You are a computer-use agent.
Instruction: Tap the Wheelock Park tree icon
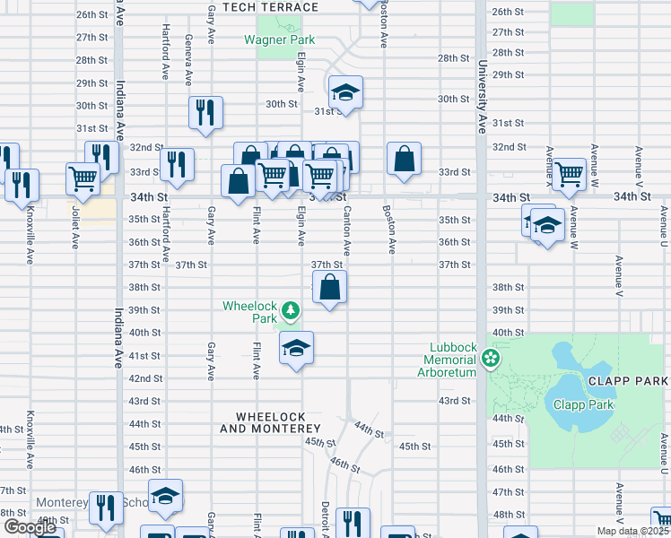[x=290, y=311]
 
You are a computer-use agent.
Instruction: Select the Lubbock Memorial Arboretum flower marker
[x=490, y=360]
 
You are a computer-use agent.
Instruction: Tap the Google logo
[x=29, y=527]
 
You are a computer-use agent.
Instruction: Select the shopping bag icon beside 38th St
[x=330, y=287]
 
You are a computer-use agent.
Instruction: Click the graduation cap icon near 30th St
[x=344, y=93]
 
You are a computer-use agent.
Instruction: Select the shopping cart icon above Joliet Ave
[x=83, y=177]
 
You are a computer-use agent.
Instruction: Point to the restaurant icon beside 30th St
[x=205, y=112]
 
